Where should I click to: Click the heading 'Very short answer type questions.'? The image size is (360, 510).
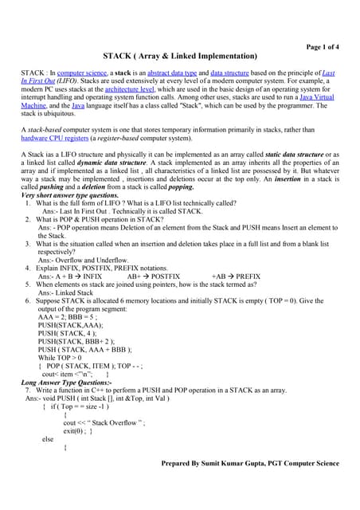[x=68, y=195]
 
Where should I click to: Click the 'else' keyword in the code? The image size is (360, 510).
[x=49, y=439]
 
